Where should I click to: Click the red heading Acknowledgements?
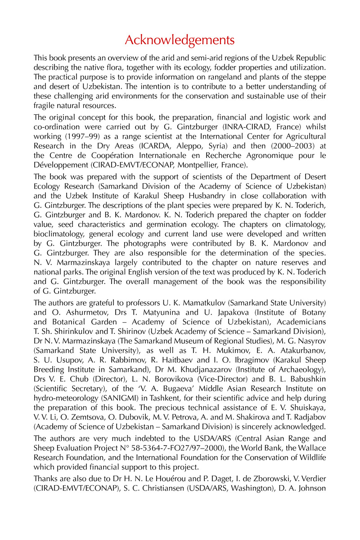180,40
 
